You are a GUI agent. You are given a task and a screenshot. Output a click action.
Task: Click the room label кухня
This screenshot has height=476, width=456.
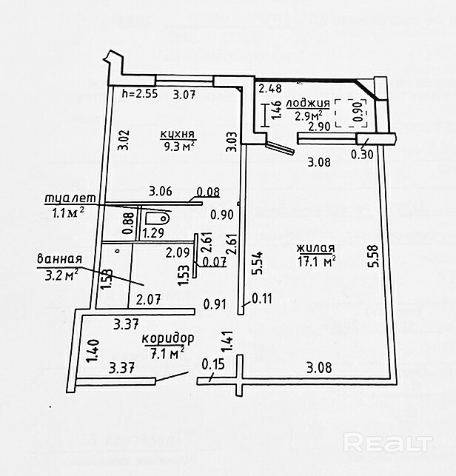(178, 134)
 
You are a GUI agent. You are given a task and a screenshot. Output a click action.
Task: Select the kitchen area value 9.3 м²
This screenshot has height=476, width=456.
(178, 147)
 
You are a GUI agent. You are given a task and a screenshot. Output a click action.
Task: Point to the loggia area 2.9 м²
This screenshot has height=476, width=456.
(307, 115)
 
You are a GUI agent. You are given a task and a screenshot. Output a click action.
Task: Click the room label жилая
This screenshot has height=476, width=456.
(315, 248)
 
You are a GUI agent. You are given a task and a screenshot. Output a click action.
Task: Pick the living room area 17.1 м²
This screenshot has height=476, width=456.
(316, 261)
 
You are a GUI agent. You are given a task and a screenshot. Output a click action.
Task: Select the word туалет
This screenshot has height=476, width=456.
(67, 198)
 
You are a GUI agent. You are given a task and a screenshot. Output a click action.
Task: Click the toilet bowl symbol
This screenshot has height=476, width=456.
(157, 218)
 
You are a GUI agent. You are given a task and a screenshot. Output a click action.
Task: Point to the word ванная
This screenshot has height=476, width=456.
(58, 260)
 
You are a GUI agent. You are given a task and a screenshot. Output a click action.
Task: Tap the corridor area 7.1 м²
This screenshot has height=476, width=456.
(167, 353)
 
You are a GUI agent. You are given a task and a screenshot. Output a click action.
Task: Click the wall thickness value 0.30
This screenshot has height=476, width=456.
(361, 155)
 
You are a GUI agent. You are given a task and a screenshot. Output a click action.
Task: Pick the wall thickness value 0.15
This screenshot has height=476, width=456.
(212, 364)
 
